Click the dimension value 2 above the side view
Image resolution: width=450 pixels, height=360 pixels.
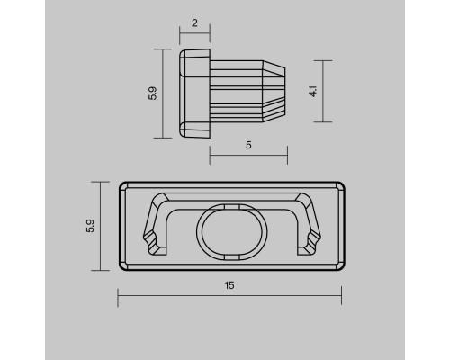tap(194, 23)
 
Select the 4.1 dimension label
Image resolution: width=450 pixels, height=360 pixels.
tap(313, 91)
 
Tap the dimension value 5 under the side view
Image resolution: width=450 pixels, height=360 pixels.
tap(248, 145)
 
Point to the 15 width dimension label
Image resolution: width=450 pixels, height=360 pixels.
tap(229, 285)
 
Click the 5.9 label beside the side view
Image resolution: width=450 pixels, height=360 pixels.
tap(153, 94)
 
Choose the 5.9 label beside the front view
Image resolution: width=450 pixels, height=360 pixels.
tap(90, 226)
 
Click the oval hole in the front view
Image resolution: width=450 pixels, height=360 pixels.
tap(232, 231)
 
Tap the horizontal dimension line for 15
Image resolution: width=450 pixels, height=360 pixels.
tap(229, 296)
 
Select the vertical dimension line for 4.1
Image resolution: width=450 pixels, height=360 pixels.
tap(323, 91)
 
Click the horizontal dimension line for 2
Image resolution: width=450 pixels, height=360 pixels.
tap(194, 33)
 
